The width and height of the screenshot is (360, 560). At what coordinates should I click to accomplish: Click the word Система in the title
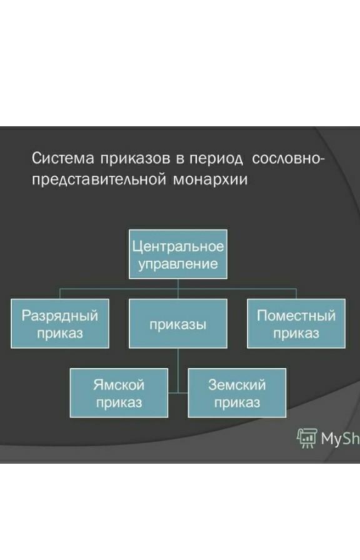(x=63, y=158)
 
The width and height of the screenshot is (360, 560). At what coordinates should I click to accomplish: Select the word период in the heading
(x=216, y=159)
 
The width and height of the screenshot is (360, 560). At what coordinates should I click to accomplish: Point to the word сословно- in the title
(x=288, y=158)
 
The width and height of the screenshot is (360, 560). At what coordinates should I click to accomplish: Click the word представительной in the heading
(x=99, y=179)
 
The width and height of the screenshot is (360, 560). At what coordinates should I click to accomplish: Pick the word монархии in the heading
(x=211, y=179)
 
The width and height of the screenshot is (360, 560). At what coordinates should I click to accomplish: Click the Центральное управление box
(x=178, y=254)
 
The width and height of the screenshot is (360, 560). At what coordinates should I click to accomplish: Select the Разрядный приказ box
(x=60, y=324)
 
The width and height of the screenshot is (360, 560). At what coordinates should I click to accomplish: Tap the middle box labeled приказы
(x=178, y=324)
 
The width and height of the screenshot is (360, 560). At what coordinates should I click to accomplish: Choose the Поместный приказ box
(x=296, y=324)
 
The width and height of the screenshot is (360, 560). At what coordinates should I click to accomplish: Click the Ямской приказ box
(x=119, y=393)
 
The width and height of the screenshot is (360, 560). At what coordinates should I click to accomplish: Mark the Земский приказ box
(x=237, y=393)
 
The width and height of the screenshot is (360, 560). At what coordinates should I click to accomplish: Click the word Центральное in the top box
(x=178, y=247)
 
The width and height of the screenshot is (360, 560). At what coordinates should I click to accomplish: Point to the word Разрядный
(x=60, y=316)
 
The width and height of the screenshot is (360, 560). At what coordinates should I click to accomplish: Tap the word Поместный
(x=296, y=316)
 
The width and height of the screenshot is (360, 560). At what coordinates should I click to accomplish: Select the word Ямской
(x=119, y=385)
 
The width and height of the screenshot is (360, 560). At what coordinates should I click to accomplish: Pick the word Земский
(x=237, y=385)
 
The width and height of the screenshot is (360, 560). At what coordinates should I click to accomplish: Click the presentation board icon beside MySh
(x=307, y=438)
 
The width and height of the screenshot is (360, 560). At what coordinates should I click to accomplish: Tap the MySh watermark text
(x=341, y=439)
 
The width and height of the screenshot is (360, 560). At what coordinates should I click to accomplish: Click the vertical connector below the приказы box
(x=178, y=371)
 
